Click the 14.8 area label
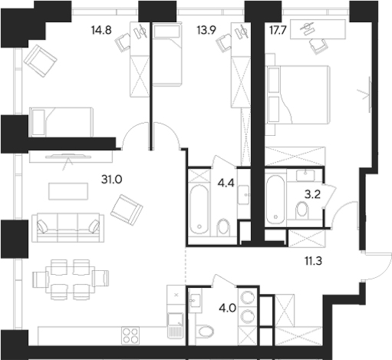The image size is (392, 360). [x=101, y=30]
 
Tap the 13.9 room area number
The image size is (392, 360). [x=206, y=30]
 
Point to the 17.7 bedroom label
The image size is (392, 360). [x=278, y=30]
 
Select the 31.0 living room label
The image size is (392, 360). [x=111, y=180]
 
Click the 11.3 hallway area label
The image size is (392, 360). [x=313, y=261]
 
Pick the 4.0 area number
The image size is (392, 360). [x=228, y=309]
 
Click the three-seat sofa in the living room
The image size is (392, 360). [x=68, y=228]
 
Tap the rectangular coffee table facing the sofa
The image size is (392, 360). [x=68, y=191]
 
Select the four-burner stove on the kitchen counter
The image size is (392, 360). [x=130, y=335]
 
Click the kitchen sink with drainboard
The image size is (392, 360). [x=176, y=325]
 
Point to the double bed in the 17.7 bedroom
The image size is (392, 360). [x=298, y=95]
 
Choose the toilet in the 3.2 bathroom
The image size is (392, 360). [x=301, y=210]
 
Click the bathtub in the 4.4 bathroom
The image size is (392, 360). [x=199, y=210]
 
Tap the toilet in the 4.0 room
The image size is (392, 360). [x=206, y=332]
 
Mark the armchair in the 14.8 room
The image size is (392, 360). [x=41, y=61]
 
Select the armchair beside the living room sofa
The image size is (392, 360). [x=127, y=210]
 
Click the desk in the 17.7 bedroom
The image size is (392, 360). [x=318, y=29]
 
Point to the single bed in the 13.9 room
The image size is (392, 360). [x=167, y=54]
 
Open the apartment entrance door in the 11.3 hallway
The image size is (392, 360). [x=377, y=266]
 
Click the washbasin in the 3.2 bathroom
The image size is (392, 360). [x=305, y=175]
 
